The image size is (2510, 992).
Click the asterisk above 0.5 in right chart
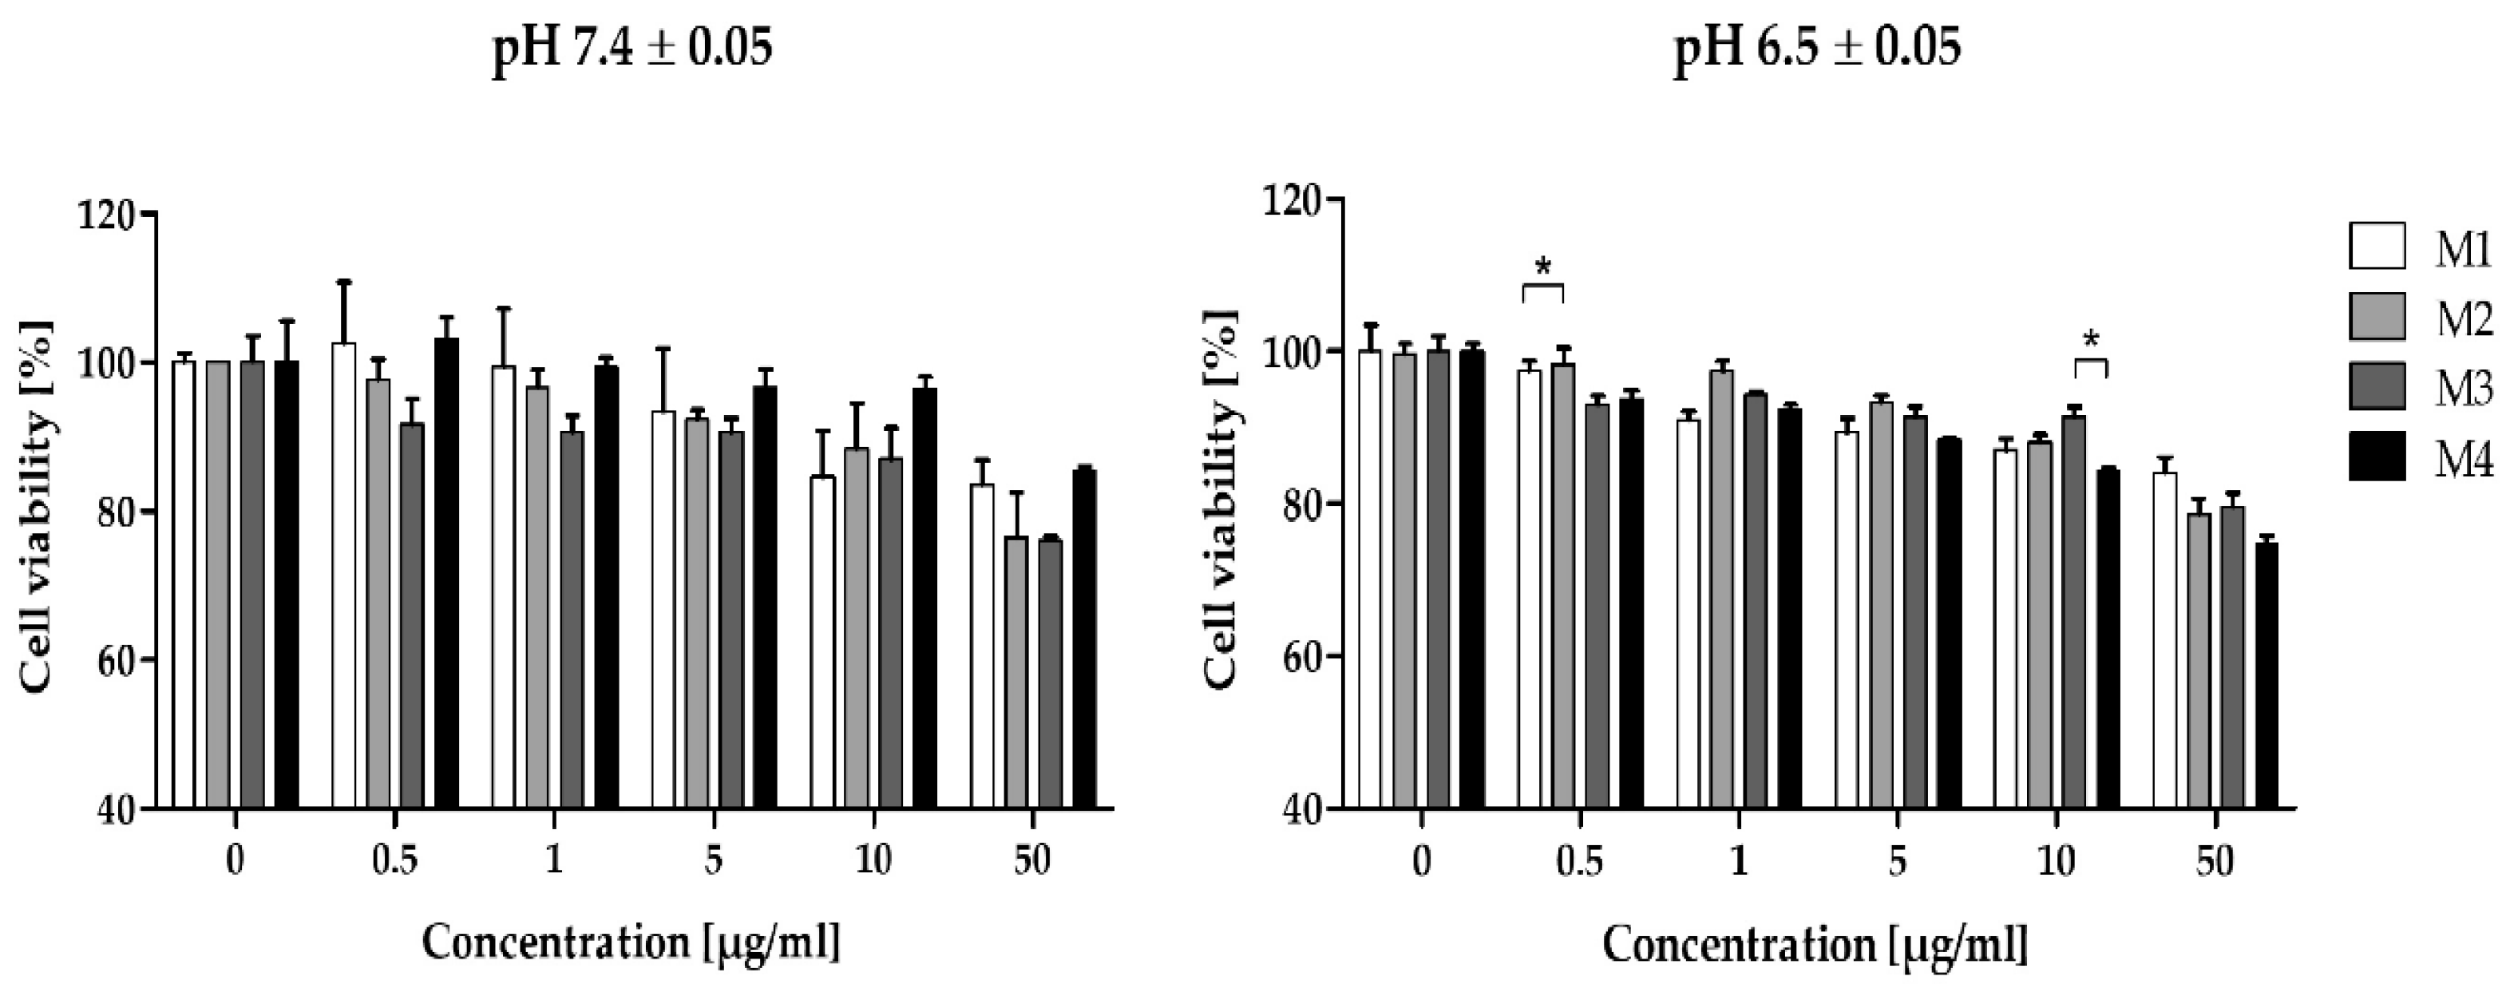(1542, 266)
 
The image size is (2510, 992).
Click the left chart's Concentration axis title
(631, 943)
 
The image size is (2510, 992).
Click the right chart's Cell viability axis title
(1223, 499)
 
